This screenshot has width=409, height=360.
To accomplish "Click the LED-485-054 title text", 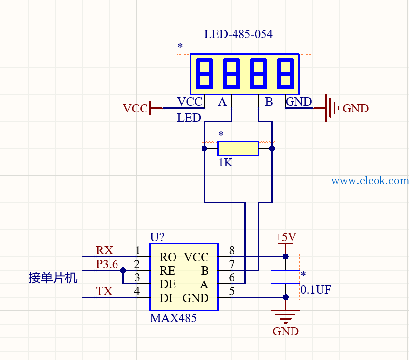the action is pyautogui.click(x=238, y=34).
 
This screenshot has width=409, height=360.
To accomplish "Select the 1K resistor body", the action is pyautogui.click(x=238, y=148).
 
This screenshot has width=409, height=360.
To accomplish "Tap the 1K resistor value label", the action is pyautogui.click(x=225, y=163).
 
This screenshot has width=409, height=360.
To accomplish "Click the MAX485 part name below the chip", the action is pyautogui.click(x=173, y=318).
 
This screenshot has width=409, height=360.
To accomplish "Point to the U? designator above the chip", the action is pyautogui.click(x=157, y=237).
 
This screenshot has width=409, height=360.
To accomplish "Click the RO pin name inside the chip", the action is pyautogui.click(x=168, y=257).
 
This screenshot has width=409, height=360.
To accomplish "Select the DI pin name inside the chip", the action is pyautogui.click(x=166, y=298).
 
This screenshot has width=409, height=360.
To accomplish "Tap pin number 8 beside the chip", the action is pyautogui.click(x=232, y=250).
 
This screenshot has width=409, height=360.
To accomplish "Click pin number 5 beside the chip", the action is pyautogui.click(x=232, y=291).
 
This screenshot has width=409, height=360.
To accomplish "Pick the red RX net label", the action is pyautogui.click(x=104, y=250).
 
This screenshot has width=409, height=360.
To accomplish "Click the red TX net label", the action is pyautogui.click(x=104, y=291).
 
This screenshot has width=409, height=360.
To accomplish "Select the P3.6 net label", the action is pyautogui.click(x=107, y=264).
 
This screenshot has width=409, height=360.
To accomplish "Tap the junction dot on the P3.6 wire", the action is pyautogui.click(x=123, y=270).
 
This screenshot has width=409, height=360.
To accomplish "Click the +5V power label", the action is pyautogui.click(x=285, y=237).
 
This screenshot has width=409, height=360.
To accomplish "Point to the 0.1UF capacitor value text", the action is pyautogui.click(x=316, y=290).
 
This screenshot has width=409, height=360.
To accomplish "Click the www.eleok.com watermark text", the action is pyautogui.click(x=370, y=180).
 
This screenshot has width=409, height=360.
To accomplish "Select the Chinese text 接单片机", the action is pyautogui.click(x=53, y=277).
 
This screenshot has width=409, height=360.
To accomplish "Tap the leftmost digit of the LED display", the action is pyautogui.click(x=204, y=74).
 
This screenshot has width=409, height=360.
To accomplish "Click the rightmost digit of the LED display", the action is pyautogui.click(x=286, y=74).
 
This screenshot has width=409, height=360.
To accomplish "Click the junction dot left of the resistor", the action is pyautogui.click(x=204, y=149).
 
